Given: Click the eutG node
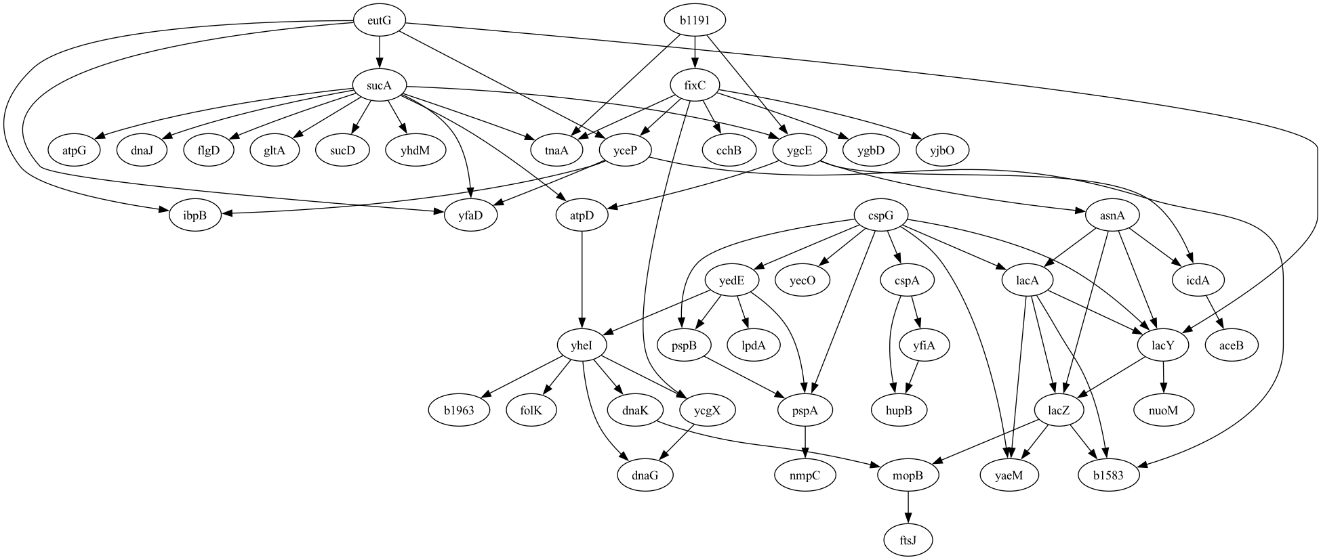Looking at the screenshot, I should point(379,20).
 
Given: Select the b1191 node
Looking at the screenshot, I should point(695,20).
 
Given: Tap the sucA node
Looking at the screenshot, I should point(379,85).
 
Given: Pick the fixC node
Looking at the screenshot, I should point(695,85).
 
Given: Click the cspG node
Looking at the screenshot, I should point(880,215).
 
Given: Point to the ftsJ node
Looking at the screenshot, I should point(908,540).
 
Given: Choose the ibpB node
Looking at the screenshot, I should point(195,215).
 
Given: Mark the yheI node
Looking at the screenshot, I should point(582,345).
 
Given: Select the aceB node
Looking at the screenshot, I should point(1232,345).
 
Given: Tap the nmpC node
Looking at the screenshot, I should point(805,475).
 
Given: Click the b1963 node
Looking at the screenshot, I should point(460,410).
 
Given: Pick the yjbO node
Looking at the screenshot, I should point(941,150).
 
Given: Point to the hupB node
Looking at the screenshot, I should point(899,410).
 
